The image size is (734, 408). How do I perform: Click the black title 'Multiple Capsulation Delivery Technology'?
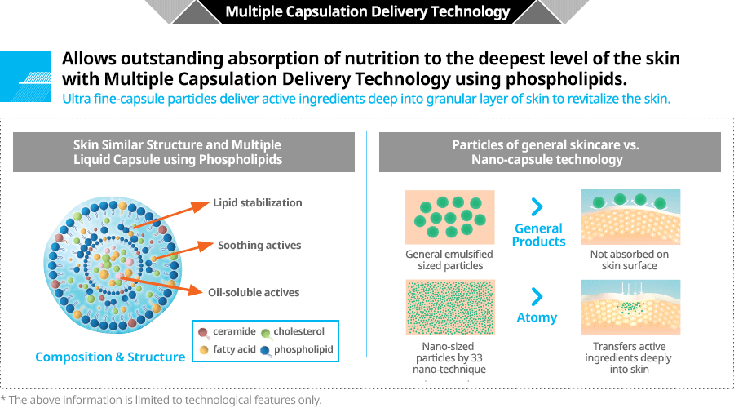pyautogui.click(x=367, y=11)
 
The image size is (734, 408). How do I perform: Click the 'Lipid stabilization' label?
pyautogui.click(x=258, y=202)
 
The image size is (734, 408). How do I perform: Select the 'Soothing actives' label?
pyautogui.click(x=259, y=245)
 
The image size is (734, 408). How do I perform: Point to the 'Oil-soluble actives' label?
pyautogui.click(x=254, y=292)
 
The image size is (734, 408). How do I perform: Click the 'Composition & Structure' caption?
pyautogui.click(x=110, y=357)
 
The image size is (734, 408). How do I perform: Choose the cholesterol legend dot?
pyautogui.click(x=264, y=332)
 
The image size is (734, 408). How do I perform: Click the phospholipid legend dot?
pyautogui.click(x=264, y=350)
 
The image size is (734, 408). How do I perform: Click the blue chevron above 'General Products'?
pyautogui.click(x=537, y=207)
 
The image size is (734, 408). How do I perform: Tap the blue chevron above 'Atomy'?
pyautogui.click(x=537, y=295)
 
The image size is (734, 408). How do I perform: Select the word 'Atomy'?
pyautogui.click(x=537, y=317)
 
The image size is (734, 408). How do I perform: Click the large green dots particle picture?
pyautogui.click(x=449, y=217)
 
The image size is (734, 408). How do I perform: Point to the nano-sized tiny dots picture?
pyautogui.click(x=449, y=307)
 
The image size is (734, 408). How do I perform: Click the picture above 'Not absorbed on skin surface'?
pyautogui.click(x=630, y=217)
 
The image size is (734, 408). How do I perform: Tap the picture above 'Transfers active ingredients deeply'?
pyautogui.click(x=630, y=307)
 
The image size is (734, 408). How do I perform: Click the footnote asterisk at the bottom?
pyautogui.click(x=3, y=400)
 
